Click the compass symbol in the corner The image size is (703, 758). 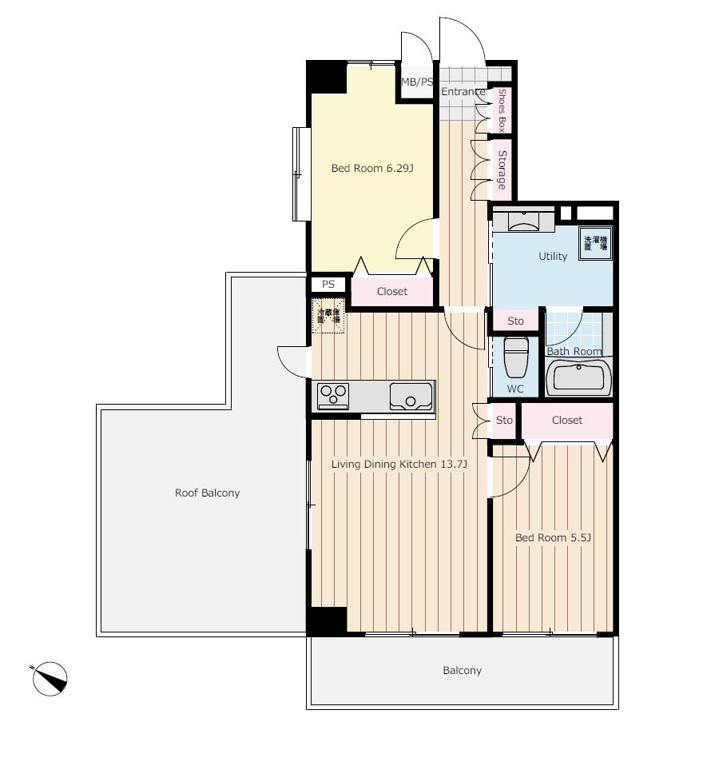pyautogui.click(x=50, y=679)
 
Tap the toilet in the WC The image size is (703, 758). pyautogui.click(x=516, y=357)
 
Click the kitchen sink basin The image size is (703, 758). pyautogui.click(x=411, y=395)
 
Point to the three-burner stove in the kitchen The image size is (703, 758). pyautogui.click(x=334, y=395)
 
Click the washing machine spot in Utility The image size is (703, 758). pyautogui.click(x=595, y=243)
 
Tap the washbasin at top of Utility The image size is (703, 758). pyautogui.click(x=523, y=220)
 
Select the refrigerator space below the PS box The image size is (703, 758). pyautogui.click(x=328, y=314)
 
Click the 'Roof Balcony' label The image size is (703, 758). pyautogui.click(x=207, y=493)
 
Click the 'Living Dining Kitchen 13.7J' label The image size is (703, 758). pyautogui.click(x=399, y=465)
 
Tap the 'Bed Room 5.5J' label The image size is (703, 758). pyautogui.click(x=553, y=538)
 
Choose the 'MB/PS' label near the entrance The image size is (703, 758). pyautogui.click(x=416, y=82)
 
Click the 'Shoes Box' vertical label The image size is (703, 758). pyautogui.click(x=502, y=110)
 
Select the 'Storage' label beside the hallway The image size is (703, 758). pyautogui.click(x=502, y=170)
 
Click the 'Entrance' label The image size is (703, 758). pyautogui.click(x=463, y=92)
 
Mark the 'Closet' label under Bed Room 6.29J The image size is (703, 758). pyautogui.click(x=391, y=292)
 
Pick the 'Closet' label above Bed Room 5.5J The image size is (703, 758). pyautogui.click(x=566, y=421)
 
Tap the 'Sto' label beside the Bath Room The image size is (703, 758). pyautogui.click(x=515, y=321)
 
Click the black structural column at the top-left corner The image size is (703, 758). pyautogui.click(x=327, y=77)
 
